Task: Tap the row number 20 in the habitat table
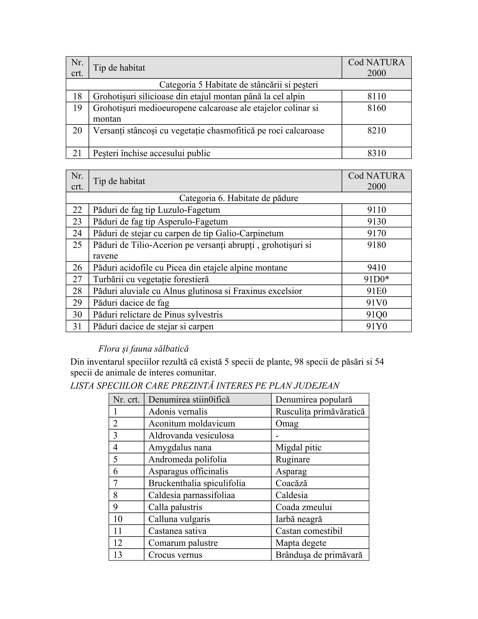pos(77,131)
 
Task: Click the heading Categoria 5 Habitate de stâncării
pos(239,85)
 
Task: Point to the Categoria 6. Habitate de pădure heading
pos(239,198)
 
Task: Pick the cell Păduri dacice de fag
pos(131,303)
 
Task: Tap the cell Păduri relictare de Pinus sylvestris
pos(158,315)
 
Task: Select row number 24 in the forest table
pos(77,233)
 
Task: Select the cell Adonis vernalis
pos(178,412)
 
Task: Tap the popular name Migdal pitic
pos(298,447)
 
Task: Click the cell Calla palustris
pos(175,507)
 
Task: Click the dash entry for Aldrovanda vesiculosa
pos(277,436)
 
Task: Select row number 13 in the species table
pos(118,555)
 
